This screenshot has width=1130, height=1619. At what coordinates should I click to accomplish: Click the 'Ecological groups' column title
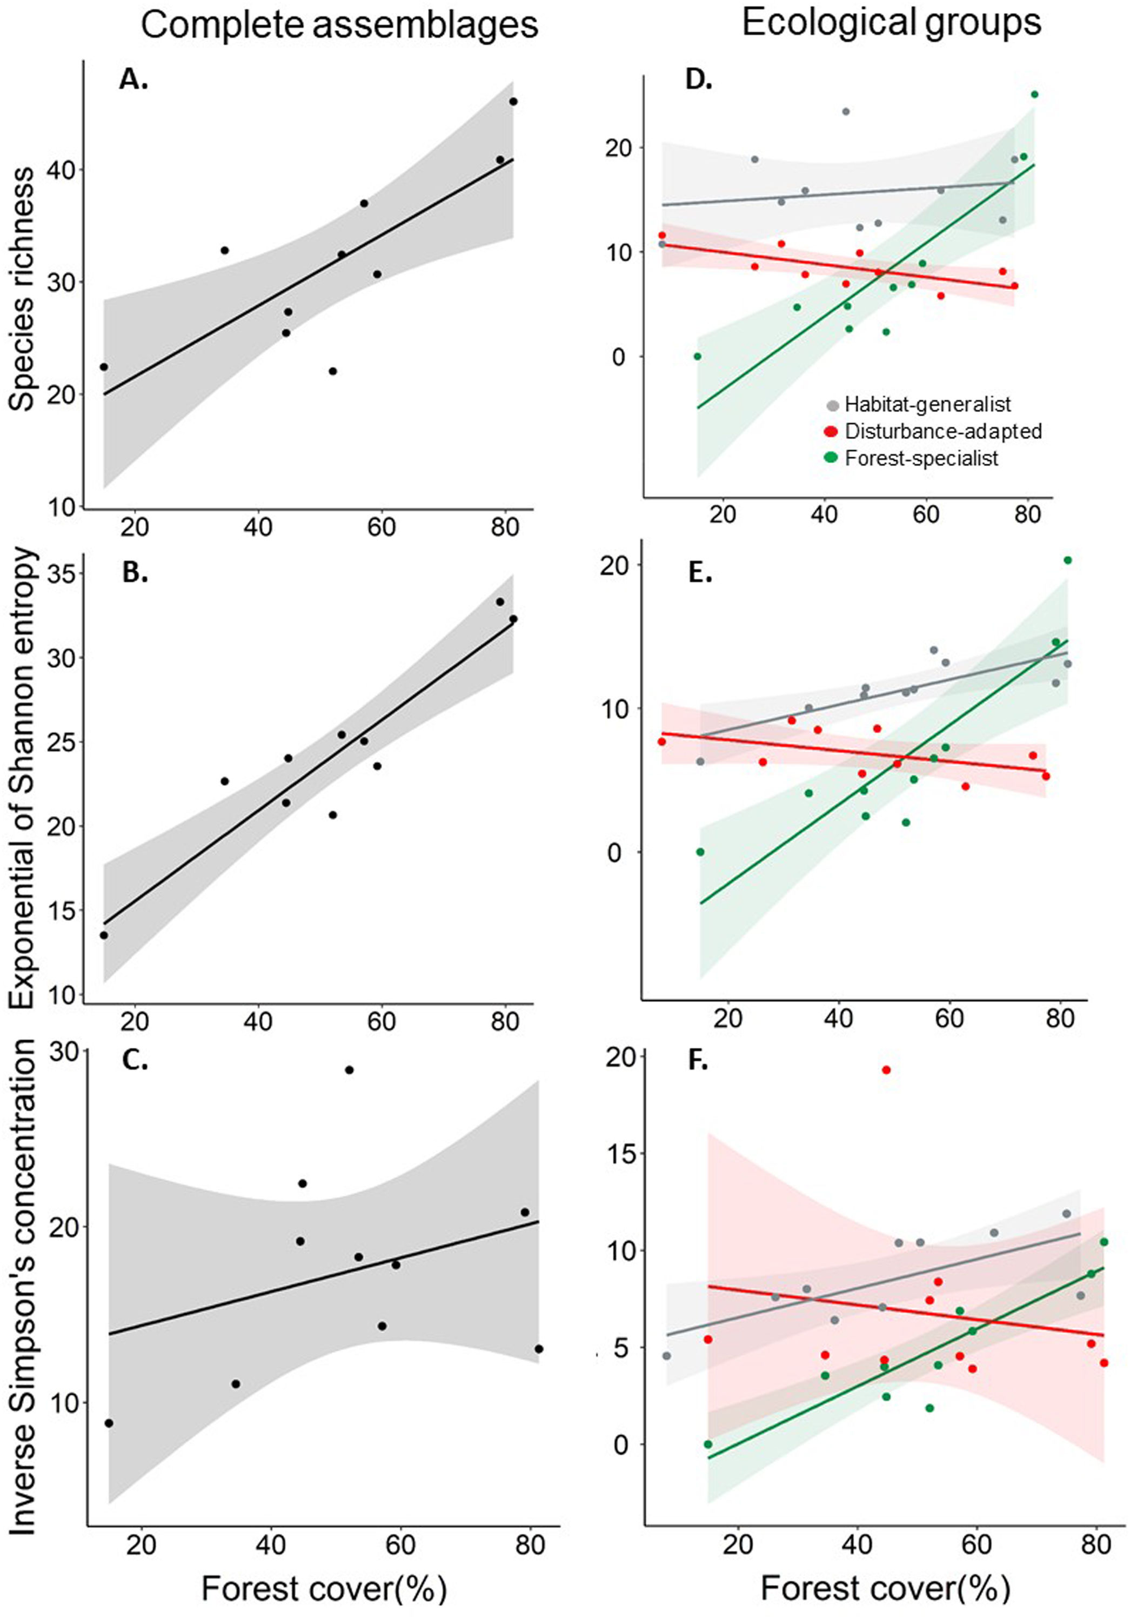tap(891, 23)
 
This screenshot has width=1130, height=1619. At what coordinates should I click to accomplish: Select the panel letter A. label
tap(133, 81)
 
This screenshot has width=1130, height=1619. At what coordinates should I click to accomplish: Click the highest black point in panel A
tap(513, 102)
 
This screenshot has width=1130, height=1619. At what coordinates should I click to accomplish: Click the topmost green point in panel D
tap(1034, 94)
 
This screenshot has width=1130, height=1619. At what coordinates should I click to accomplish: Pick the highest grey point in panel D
tap(846, 111)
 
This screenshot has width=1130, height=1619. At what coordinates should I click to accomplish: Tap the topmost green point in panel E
tap(1067, 560)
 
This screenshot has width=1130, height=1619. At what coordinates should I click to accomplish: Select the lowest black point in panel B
tap(104, 935)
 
